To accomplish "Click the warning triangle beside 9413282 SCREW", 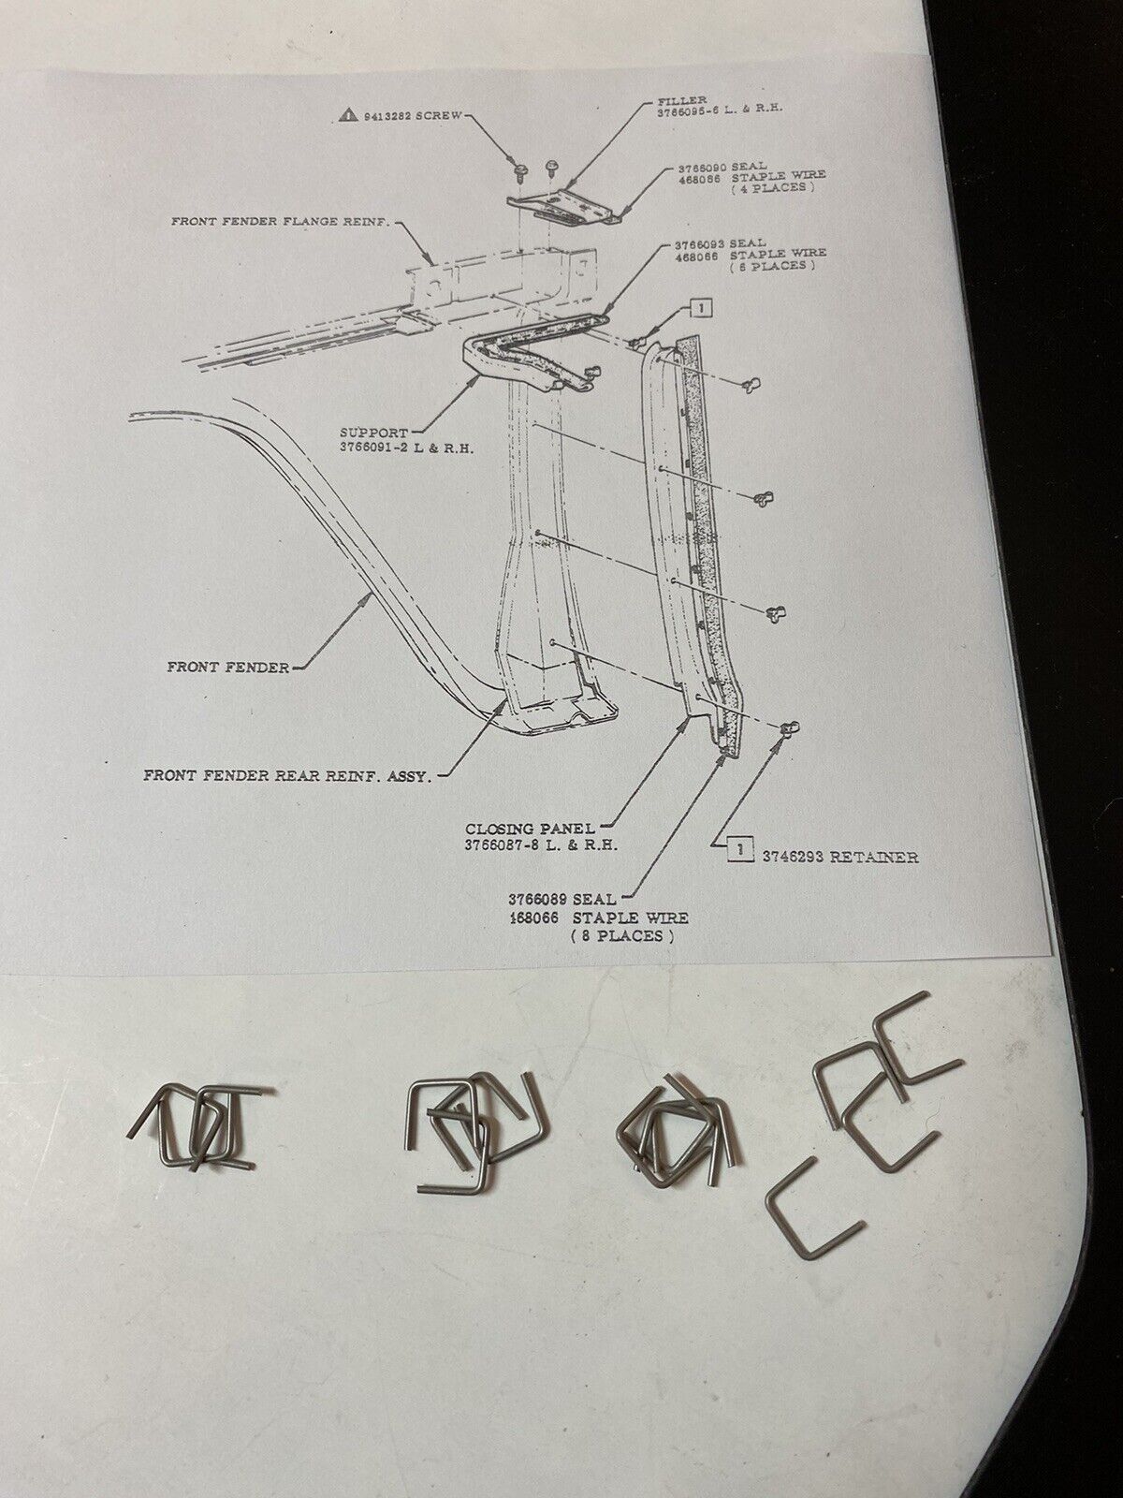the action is [x=348, y=114].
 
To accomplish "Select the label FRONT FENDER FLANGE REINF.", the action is [x=280, y=221].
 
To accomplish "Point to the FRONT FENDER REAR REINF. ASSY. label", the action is [x=287, y=776].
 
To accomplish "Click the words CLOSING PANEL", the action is [x=530, y=829].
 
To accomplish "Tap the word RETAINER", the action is [x=873, y=858].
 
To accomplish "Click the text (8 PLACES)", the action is [x=622, y=935].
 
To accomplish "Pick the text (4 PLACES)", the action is [x=772, y=186].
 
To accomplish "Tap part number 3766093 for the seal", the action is [x=700, y=242].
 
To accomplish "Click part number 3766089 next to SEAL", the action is [x=536, y=899].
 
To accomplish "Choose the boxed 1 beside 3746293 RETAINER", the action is [x=740, y=850].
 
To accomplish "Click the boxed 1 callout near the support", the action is [x=702, y=308].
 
